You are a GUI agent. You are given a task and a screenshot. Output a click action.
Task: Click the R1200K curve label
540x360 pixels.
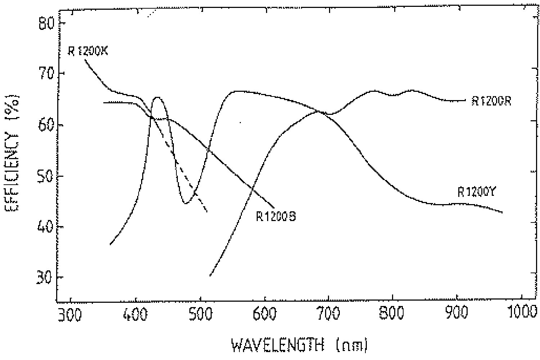88,51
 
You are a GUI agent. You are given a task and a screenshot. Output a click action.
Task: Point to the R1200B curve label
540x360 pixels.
276,216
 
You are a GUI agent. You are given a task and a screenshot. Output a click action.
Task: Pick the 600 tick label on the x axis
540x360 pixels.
265,315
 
